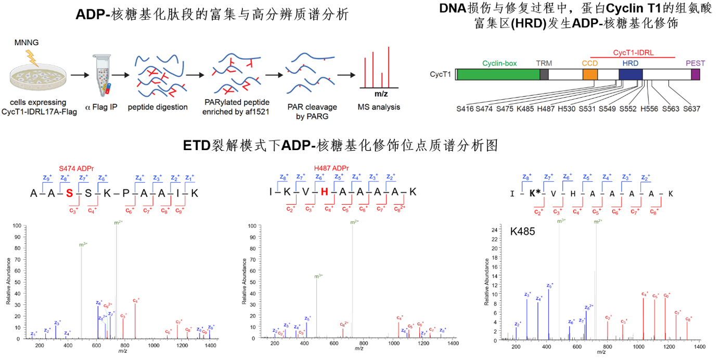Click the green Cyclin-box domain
[x=498, y=74]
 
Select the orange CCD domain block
[x=590, y=74]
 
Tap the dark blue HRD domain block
[x=630, y=74]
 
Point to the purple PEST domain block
[x=695, y=74]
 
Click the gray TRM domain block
[x=544, y=74]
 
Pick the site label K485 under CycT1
[x=526, y=109]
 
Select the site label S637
[x=691, y=109]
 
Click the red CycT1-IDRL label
[x=633, y=52]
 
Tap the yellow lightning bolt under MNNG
[x=32, y=57]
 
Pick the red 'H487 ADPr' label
[x=331, y=168]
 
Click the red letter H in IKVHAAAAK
[x=325, y=192]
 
